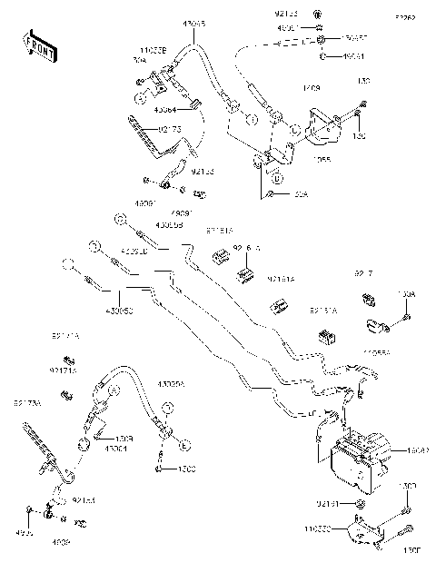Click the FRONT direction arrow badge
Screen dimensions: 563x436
click(36, 44)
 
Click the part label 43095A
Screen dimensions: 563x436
click(171, 384)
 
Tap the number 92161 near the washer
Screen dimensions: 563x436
click(328, 502)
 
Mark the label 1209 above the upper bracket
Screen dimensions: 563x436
click(312, 89)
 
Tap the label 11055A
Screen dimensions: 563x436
click(376, 352)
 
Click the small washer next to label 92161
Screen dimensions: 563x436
click(360, 502)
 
